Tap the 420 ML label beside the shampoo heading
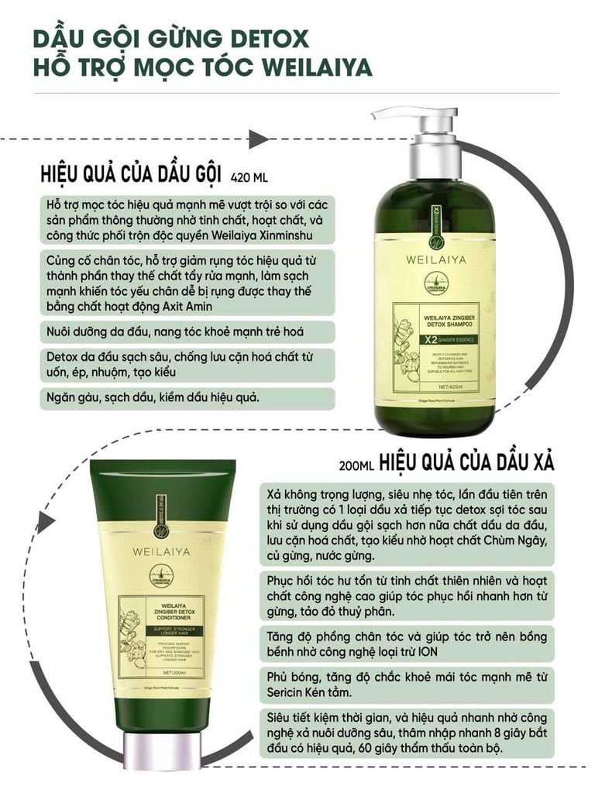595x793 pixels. tap(249, 177)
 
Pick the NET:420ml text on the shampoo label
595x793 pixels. tap(451, 385)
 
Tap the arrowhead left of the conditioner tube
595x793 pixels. tap(45, 523)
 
